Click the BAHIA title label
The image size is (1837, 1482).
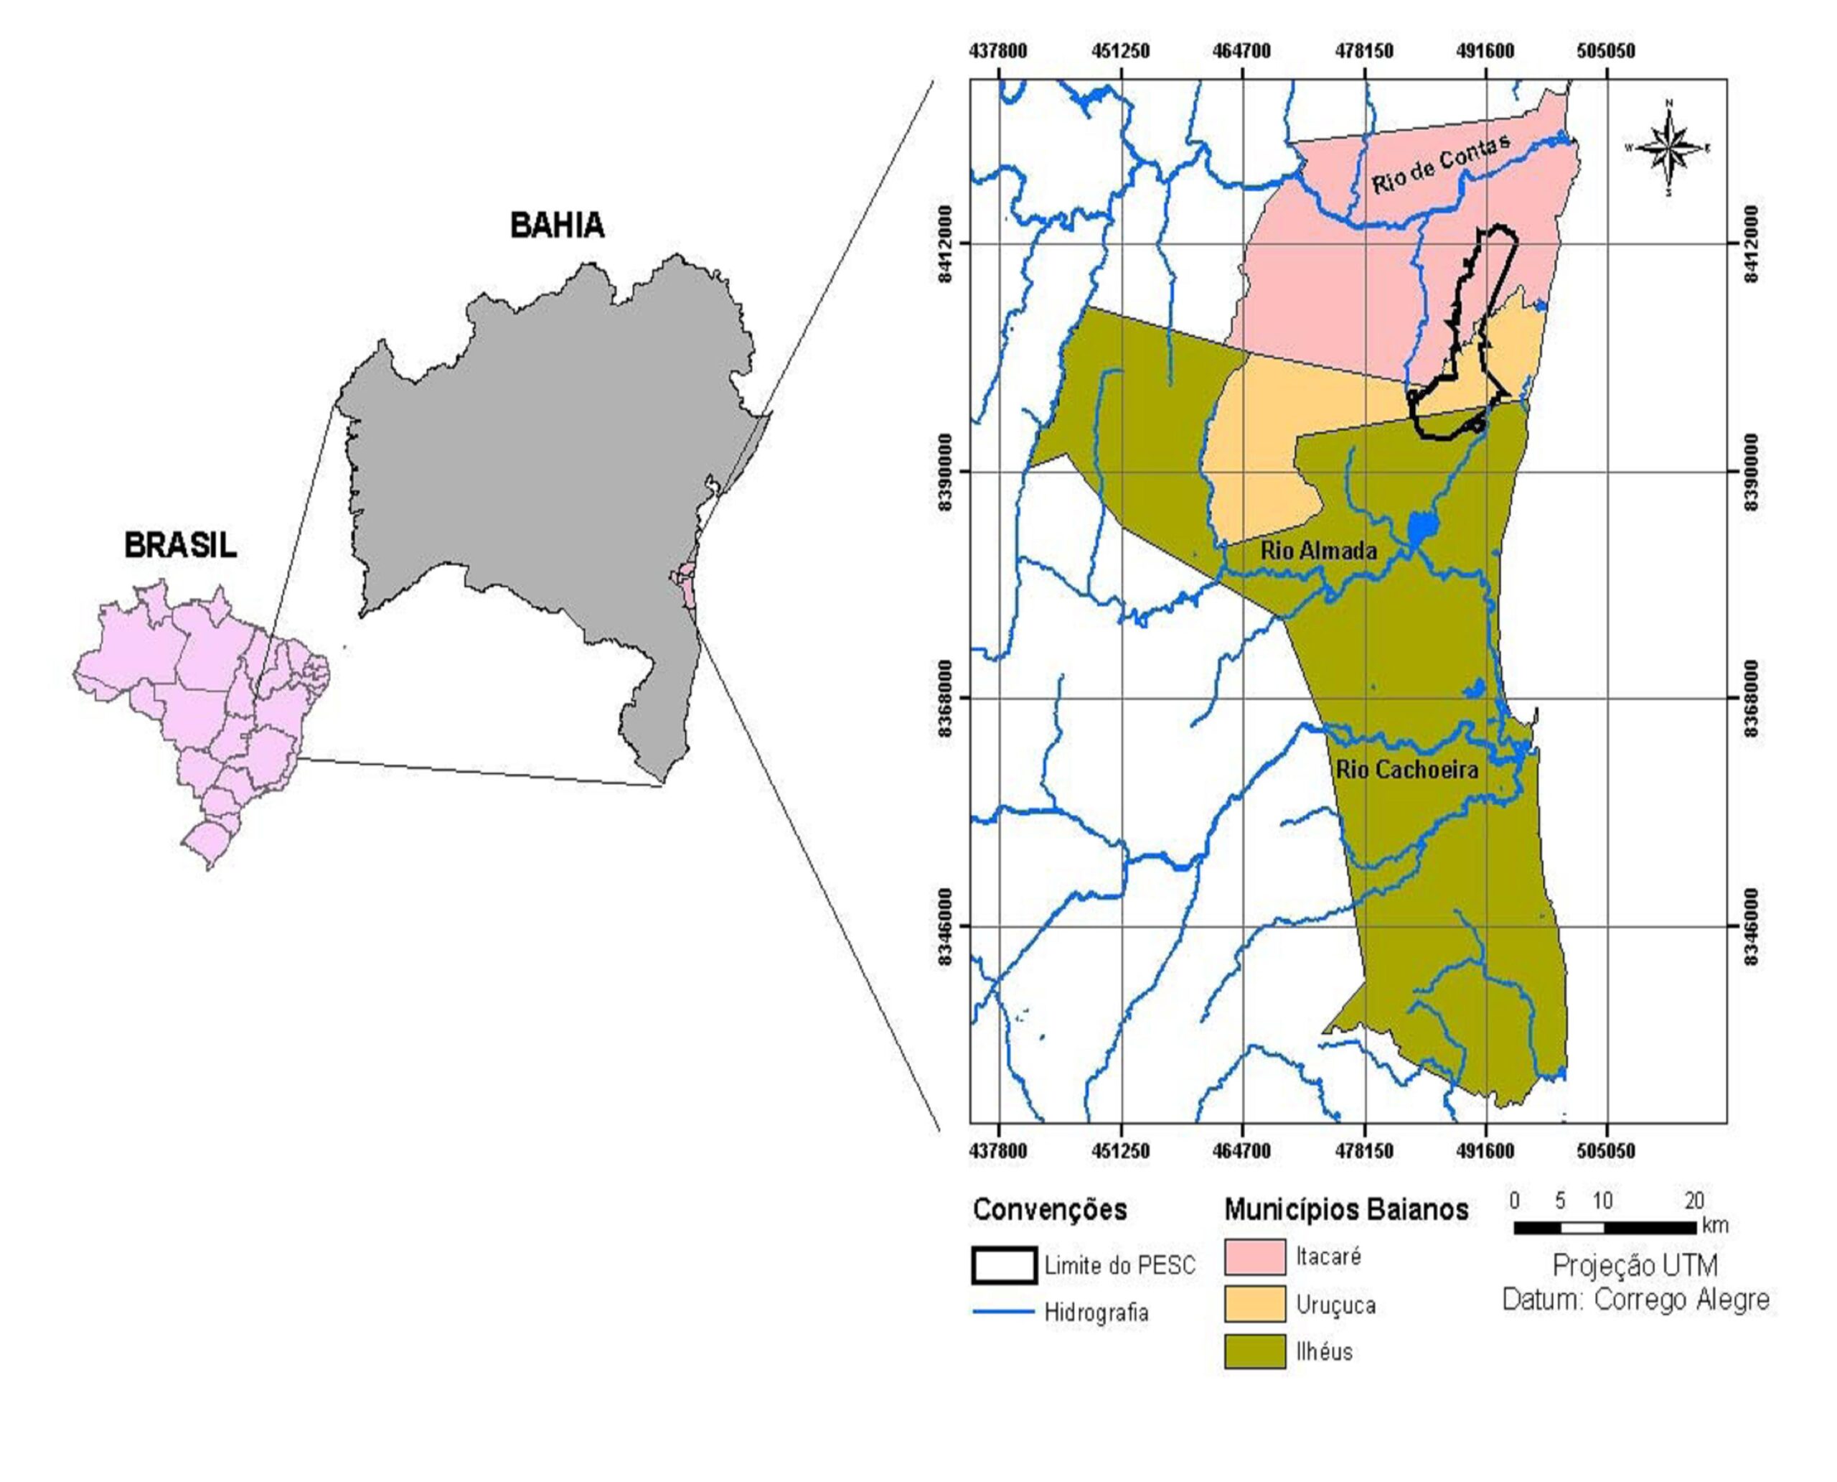(557, 225)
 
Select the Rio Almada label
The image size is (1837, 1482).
(1318, 551)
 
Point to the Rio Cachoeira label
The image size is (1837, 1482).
(1406, 770)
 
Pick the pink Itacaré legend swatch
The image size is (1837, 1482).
(1254, 1257)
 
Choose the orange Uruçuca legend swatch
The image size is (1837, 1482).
(1254, 1304)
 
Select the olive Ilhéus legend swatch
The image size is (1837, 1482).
(1254, 1351)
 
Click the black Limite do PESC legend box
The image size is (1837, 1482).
(1004, 1265)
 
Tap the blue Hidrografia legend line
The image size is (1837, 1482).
(1003, 1311)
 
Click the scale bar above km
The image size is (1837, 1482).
(1604, 1228)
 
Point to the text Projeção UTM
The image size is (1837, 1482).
(1634, 1265)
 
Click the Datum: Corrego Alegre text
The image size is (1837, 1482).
(1635, 1300)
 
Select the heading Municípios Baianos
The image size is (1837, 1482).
(1346, 1210)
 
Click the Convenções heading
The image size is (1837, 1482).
(1050, 1210)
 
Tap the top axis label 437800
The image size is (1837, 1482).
(998, 51)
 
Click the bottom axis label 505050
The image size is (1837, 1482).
(1606, 1151)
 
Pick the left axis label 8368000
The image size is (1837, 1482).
(944, 699)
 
